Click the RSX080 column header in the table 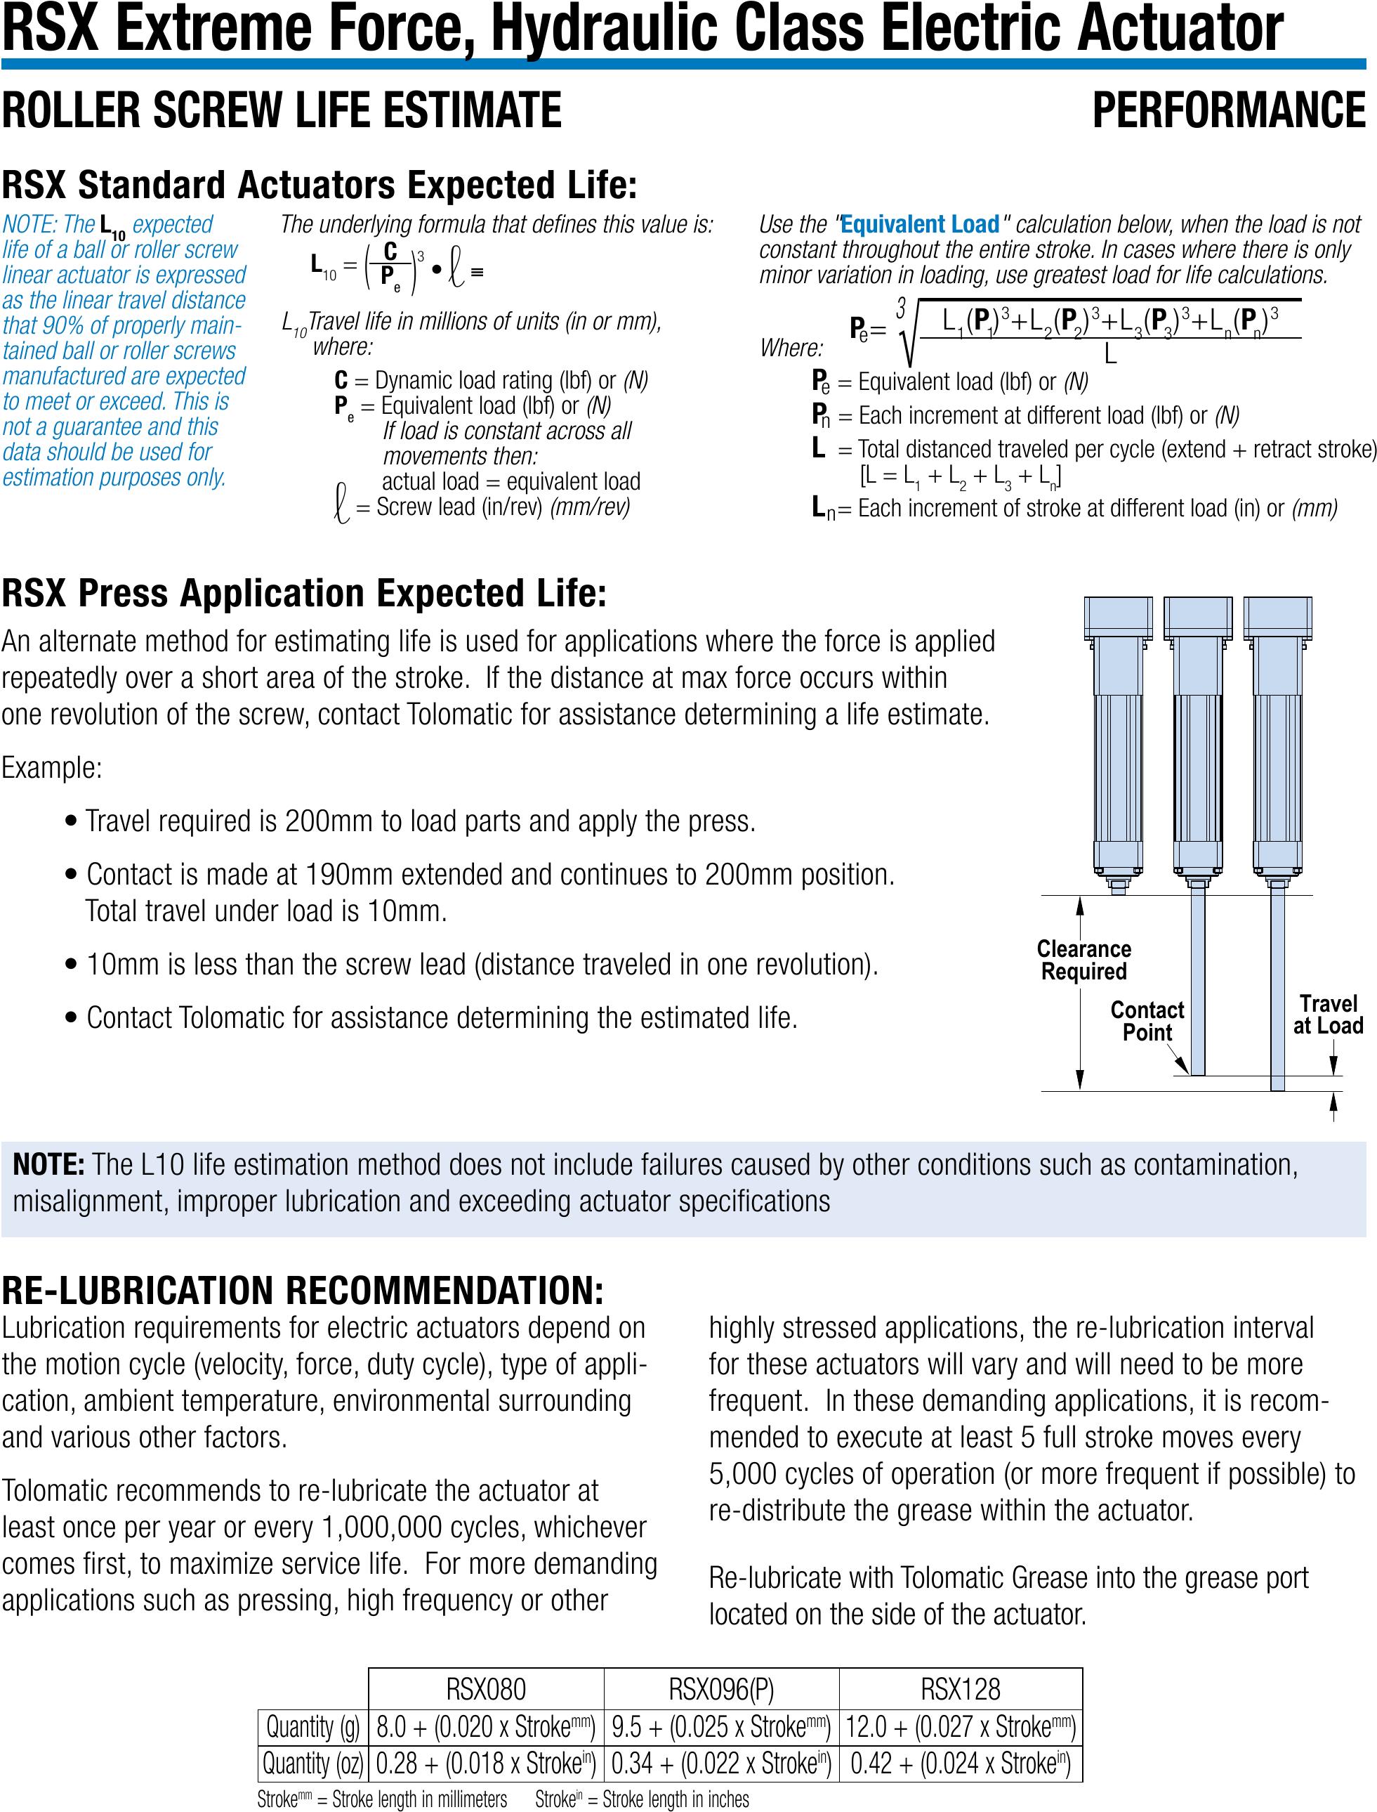coord(486,1689)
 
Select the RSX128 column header coord(961,1689)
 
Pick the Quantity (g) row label coord(313,1727)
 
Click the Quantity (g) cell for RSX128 coord(961,1727)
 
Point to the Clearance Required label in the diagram coord(1083,960)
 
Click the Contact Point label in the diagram coord(1147,1021)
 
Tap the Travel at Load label coord(1328,1015)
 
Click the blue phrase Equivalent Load coord(920,225)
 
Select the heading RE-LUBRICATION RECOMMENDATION coord(302,1291)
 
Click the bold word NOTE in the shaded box coord(48,1164)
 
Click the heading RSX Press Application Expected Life coord(303,594)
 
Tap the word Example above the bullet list coord(51,768)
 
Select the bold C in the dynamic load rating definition coord(341,380)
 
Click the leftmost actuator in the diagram coord(1117,738)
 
